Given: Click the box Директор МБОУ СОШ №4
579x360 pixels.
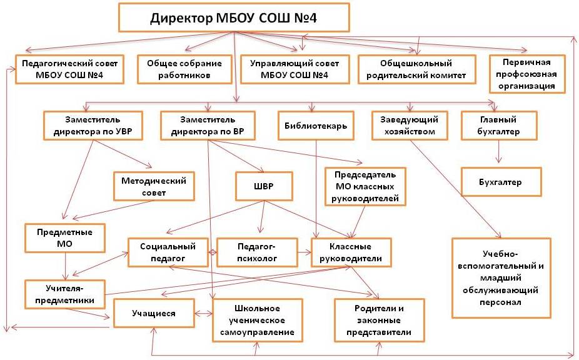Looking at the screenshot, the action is pyautogui.click(x=234, y=17).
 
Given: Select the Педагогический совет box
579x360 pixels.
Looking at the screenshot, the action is pyautogui.click(x=69, y=69).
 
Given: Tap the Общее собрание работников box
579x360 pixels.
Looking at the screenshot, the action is pyautogui.click(x=184, y=69).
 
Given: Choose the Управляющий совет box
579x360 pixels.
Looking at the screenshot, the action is pyautogui.click(x=295, y=69).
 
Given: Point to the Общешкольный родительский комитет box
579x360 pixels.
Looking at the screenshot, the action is pyautogui.click(x=416, y=69).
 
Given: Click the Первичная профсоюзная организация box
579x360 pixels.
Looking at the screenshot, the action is pyautogui.click(x=527, y=74).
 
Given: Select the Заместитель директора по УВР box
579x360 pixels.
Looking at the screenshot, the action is pyautogui.click(x=93, y=126).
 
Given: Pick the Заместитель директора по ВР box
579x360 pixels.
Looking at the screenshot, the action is pyautogui.click(x=208, y=126).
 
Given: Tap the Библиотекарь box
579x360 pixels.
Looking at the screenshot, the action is pyautogui.click(x=316, y=126).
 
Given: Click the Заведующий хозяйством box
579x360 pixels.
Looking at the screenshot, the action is pyautogui.click(x=410, y=126).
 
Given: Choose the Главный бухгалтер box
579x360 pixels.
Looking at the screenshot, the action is pyautogui.click(x=499, y=126).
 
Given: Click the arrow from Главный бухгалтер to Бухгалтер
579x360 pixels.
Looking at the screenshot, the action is pyautogui.click(x=499, y=152).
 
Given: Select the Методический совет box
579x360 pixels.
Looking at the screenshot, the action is pyautogui.click(x=154, y=186).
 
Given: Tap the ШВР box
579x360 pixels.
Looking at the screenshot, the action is pyautogui.click(x=264, y=186).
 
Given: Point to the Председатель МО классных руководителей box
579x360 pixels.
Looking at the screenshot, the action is pyautogui.click(x=365, y=186).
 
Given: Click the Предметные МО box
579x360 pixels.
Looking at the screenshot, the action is pyautogui.click(x=64, y=237).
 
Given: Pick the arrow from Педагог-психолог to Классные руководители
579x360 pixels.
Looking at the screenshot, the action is pyautogui.click(x=305, y=252).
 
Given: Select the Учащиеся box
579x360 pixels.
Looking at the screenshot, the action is pyautogui.click(x=154, y=313).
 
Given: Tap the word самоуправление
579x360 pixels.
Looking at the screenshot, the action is pyautogui.click(x=257, y=332).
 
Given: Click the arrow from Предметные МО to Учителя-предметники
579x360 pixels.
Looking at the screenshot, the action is pyautogui.click(x=66, y=266).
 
